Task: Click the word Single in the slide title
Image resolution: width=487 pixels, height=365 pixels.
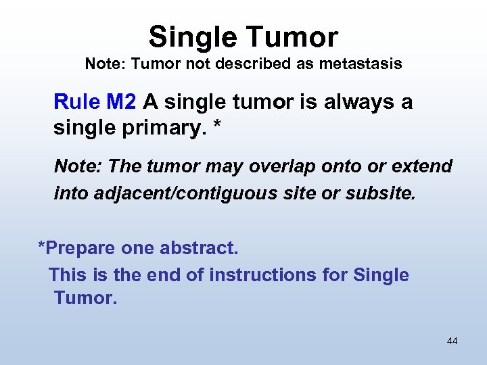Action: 188,36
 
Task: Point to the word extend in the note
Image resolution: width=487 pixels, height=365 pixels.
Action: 423,166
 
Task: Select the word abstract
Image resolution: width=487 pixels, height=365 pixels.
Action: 199,248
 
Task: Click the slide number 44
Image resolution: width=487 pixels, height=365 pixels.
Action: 452,341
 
